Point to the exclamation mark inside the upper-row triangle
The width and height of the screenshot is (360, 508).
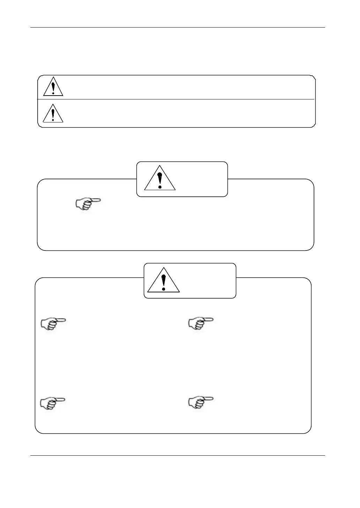click(x=53, y=88)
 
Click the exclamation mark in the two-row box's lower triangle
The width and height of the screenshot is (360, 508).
click(x=53, y=114)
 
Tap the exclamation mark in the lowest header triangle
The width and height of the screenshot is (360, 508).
click(x=163, y=281)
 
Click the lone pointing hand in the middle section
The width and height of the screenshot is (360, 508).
click(x=88, y=204)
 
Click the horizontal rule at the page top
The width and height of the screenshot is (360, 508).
click(x=178, y=27)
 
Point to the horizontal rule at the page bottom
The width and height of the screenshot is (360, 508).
click(x=178, y=455)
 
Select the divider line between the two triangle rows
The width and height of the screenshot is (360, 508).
click(x=176, y=99)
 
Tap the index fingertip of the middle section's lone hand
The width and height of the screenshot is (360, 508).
click(x=99, y=200)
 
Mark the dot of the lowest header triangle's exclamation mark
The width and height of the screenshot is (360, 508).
click(x=163, y=289)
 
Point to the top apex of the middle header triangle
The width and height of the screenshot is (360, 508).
click(x=160, y=166)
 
